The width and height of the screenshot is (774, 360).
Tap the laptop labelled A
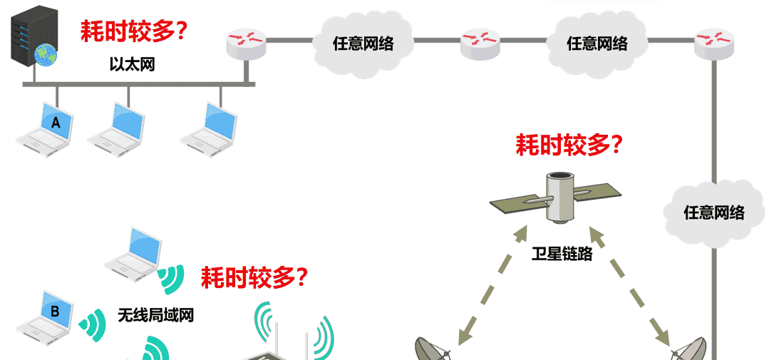click(50, 128)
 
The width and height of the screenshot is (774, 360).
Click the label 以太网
click(132, 65)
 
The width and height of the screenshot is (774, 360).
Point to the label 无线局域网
click(155, 314)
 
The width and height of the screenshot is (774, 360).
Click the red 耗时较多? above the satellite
click(569, 145)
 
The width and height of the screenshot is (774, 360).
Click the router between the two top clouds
click(480, 43)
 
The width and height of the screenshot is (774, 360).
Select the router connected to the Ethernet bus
click(246, 43)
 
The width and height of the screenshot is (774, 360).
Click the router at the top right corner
click(713, 43)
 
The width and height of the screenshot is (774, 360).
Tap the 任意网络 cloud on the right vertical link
click(713, 212)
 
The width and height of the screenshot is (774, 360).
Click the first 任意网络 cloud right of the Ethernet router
click(363, 43)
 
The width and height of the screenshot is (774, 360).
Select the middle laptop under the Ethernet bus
click(118, 128)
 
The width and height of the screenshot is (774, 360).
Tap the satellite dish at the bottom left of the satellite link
click(435, 349)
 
